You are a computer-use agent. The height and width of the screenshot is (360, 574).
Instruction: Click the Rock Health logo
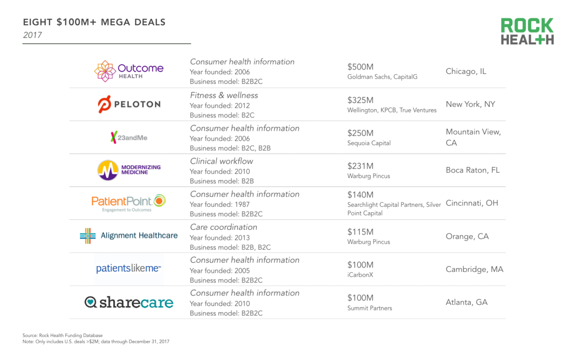point(527,32)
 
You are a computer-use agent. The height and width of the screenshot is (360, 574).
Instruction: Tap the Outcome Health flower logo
point(104,71)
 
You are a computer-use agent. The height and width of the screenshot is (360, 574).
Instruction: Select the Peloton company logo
point(129,104)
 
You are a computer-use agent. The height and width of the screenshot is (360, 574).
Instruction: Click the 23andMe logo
point(129,137)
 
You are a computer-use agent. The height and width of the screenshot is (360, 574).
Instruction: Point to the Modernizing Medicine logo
point(129,170)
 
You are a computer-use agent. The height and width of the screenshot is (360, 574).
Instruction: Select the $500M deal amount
point(360,67)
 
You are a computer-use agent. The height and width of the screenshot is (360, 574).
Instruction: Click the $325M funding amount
point(360,100)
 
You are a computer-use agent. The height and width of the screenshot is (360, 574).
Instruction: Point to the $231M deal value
point(360,166)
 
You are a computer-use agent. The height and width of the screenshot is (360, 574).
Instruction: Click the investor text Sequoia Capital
point(369,143)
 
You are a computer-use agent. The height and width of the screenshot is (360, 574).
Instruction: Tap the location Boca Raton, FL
point(473,170)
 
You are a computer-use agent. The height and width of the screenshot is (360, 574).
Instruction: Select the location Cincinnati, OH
point(472,203)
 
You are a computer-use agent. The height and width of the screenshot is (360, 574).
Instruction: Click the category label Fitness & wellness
point(224,95)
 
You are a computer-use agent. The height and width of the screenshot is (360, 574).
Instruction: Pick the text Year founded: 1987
point(220,204)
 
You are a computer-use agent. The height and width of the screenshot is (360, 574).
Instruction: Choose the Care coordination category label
point(223,227)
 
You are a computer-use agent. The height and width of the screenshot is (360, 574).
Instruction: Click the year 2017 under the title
point(32,35)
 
